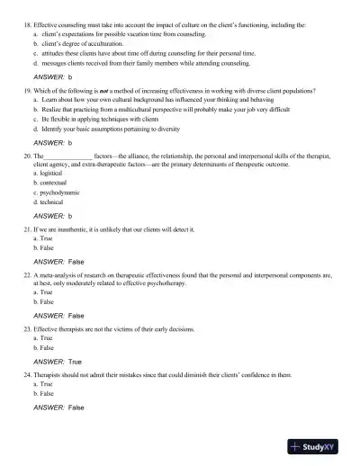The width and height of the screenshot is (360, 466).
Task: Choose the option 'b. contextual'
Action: [x=53, y=194]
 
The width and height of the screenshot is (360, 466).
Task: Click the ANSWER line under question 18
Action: [x=52, y=78]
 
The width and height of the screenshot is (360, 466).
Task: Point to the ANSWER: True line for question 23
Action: [x=57, y=361]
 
